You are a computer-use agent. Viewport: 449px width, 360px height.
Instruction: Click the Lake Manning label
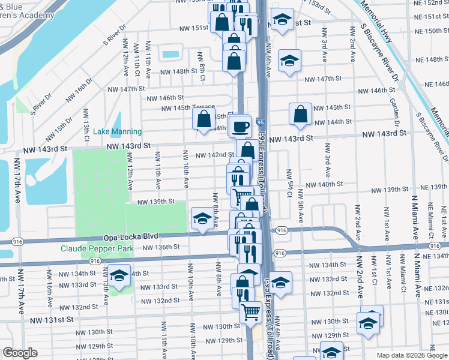(118, 132)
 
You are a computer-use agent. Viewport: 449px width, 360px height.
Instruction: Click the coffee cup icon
(241, 127)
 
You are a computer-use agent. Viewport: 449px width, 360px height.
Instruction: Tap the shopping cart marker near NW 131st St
(250, 311)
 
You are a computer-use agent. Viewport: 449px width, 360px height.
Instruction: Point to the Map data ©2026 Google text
(411, 355)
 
